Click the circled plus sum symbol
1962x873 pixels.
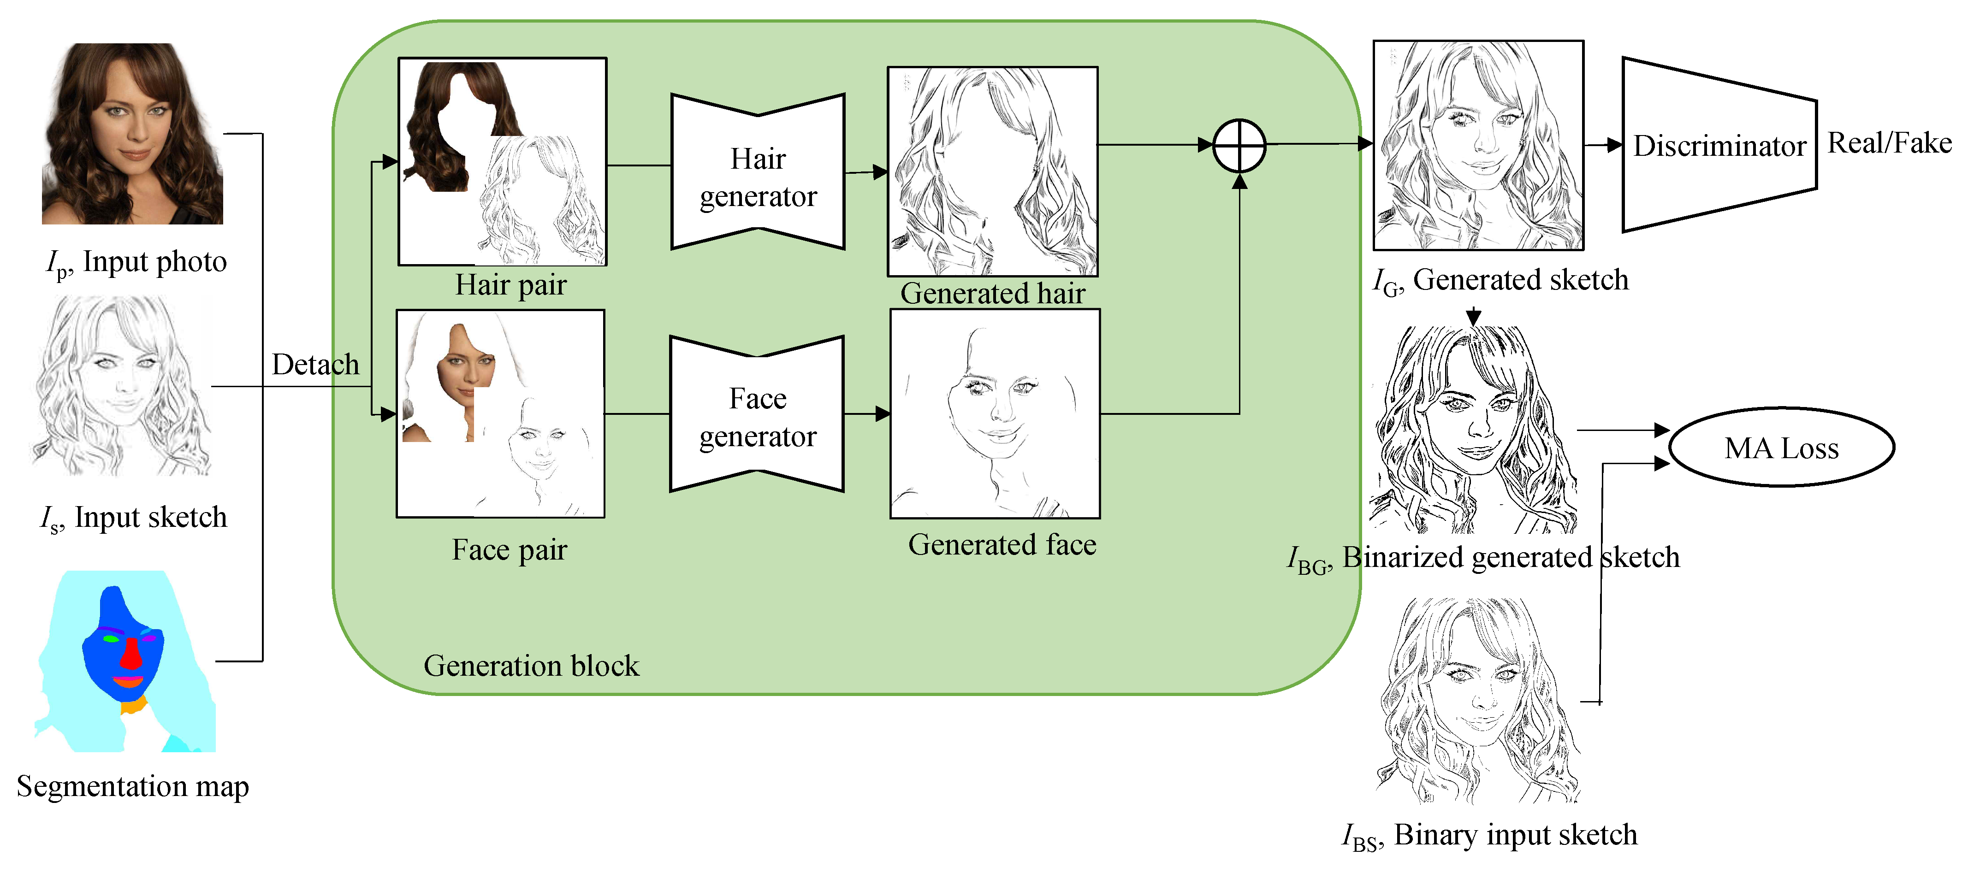[x=1239, y=145]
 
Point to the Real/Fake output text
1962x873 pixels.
[x=1889, y=143]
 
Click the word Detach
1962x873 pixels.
[x=315, y=365]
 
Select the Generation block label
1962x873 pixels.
[x=531, y=666]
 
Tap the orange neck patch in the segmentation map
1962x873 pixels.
[x=133, y=706]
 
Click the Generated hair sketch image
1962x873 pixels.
[x=992, y=171]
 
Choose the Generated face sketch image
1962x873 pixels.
[x=995, y=413]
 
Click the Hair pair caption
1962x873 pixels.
[x=510, y=285]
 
